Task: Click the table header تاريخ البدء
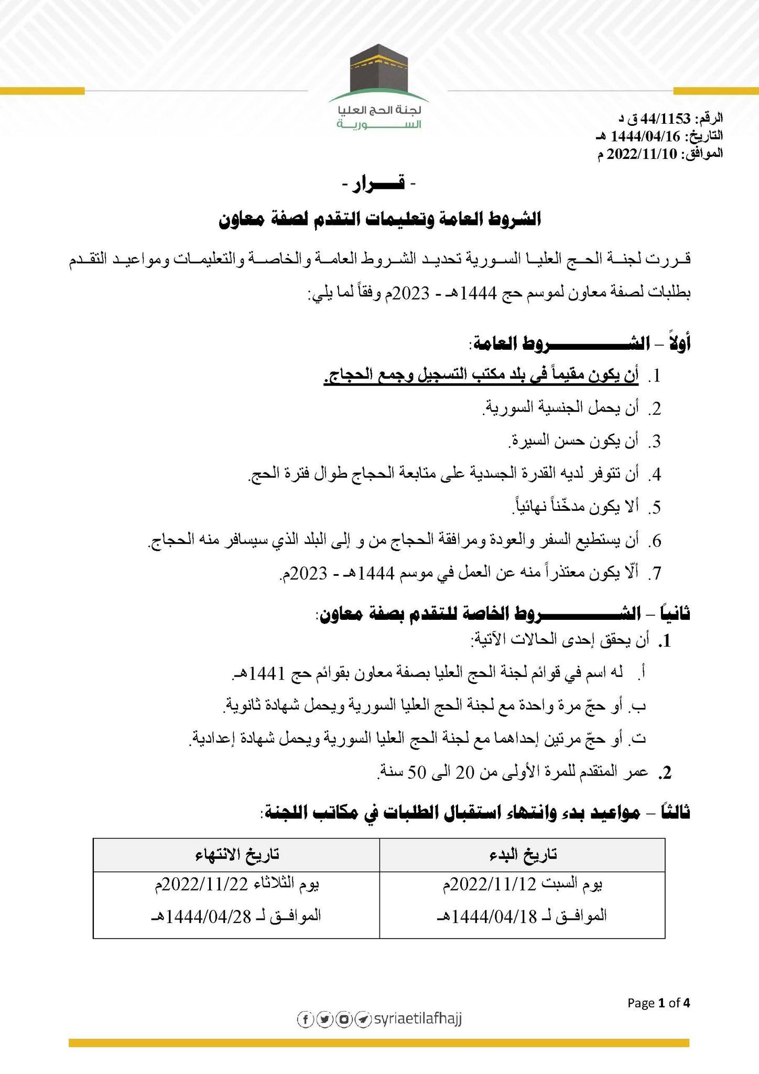pos(522,854)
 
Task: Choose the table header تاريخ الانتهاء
pos(235,854)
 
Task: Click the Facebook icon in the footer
pos(305,1019)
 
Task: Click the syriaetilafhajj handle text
pos(417,1018)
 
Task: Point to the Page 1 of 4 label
pos(659,1003)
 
